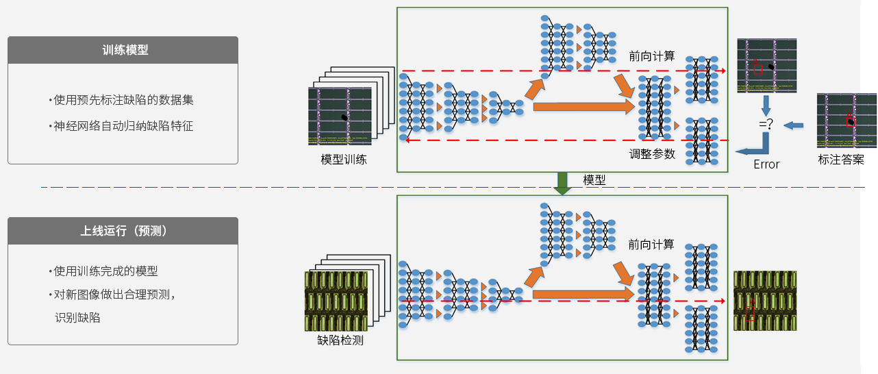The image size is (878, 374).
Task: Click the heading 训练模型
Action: pyautogui.click(x=123, y=50)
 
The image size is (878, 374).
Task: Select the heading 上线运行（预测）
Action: pyautogui.click(x=123, y=231)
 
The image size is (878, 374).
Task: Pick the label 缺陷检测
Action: pyautogui.click(x=340, y=340)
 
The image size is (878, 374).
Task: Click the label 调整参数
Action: pyautogui.click(x=652, y=154)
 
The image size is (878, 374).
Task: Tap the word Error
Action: pyautogui.click(x=766, y=164)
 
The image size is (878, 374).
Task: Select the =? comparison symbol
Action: pyautogui.click(x=766, y=125)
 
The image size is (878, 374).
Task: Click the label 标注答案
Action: pyautogui.click(x=841, y=160)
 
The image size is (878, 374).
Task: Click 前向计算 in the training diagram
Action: pyautogui.click(x=651, y=56)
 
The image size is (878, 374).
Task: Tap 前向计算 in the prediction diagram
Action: pyautogui.click(x=651, y=245)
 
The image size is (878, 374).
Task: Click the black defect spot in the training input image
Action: pyautogui.click(x=344, y=118)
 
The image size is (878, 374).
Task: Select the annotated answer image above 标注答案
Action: pyautogui.click(x=846, y=121)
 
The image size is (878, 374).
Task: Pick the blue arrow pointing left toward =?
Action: pyautogui.click(x=794, y=125)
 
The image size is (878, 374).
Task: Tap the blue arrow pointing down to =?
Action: pyautogui.click(x=766, y=105)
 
